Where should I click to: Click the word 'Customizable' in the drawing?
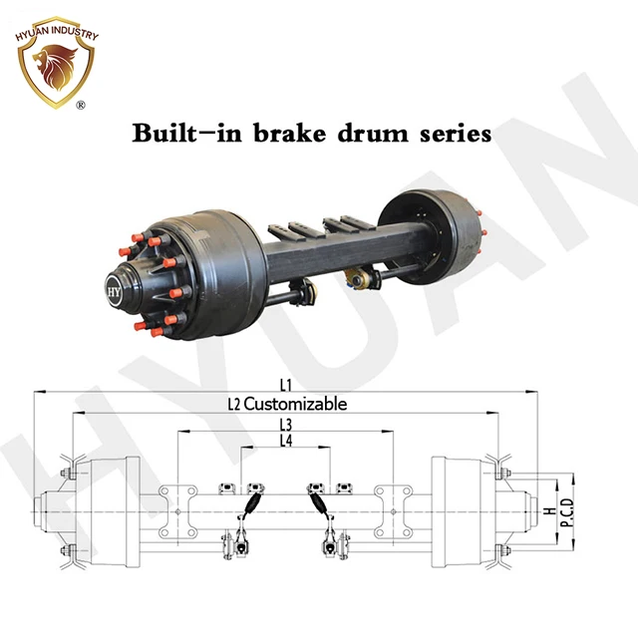295,404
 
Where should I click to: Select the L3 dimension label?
286,425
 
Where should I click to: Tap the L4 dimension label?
286,440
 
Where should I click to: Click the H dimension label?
549,510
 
